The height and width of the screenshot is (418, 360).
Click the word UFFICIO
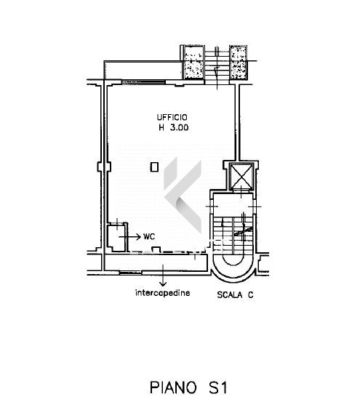pyautogui.click(x=172, y=117)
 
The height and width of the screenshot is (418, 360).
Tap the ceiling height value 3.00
pyautogui.click(x=179, y=128)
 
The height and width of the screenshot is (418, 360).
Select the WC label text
pyautogui.click(x=149, y=236)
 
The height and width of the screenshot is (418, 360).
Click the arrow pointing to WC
pyautogui.click(x=130, y=236)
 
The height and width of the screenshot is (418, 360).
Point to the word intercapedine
pyautogui.click(x=163, y=293)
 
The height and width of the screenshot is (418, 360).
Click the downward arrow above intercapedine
pyautogui.click(x=163, y=276)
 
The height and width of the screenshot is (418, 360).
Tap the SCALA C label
pyautogui.click(x=235, y=295)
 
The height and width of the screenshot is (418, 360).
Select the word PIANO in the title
pyautogui.click(x=173, y=387)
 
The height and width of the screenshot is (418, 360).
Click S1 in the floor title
pyautogui.click(x=217, y=387)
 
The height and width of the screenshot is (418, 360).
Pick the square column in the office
pyautogui.click(x=154, y=167)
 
